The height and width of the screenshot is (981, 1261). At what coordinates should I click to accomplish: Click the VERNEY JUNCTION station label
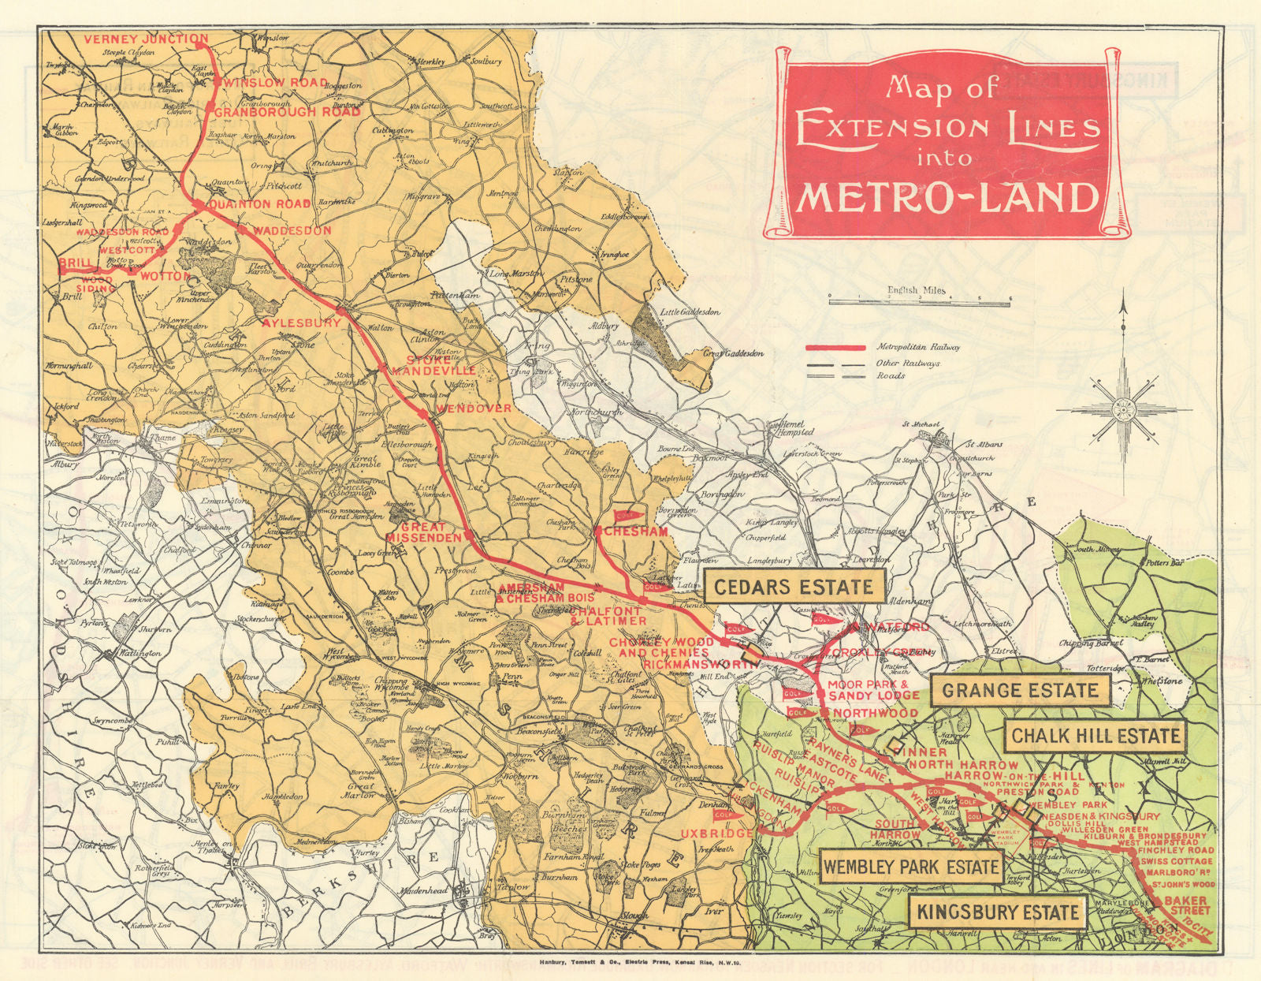[x=146, y=39]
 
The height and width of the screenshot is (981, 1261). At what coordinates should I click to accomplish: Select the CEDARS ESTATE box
[x=794, y=587]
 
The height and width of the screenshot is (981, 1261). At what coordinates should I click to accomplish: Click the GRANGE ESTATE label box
[x=1020, y=691]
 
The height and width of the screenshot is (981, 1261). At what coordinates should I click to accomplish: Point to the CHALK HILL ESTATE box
[x=1095, y=737]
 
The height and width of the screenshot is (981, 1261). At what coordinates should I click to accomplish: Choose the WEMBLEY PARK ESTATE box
[x=911, y=867]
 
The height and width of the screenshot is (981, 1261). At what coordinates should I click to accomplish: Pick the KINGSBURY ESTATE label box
[x=997, y=913]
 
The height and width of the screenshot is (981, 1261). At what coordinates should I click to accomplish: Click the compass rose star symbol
[x=1122, y=409]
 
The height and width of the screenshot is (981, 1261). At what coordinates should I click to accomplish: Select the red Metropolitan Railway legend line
[x=835, y=347]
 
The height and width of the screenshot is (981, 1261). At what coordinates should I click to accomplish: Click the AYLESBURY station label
[x=301, y=323]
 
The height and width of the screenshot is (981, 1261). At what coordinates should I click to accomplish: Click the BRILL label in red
[x=75, y=262]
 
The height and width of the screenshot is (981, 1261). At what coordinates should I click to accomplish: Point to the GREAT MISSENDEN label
[x=423, y=532]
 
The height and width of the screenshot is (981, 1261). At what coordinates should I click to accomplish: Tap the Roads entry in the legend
[x=891, y=376]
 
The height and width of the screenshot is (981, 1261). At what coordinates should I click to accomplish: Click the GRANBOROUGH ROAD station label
[x=287, y=112]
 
